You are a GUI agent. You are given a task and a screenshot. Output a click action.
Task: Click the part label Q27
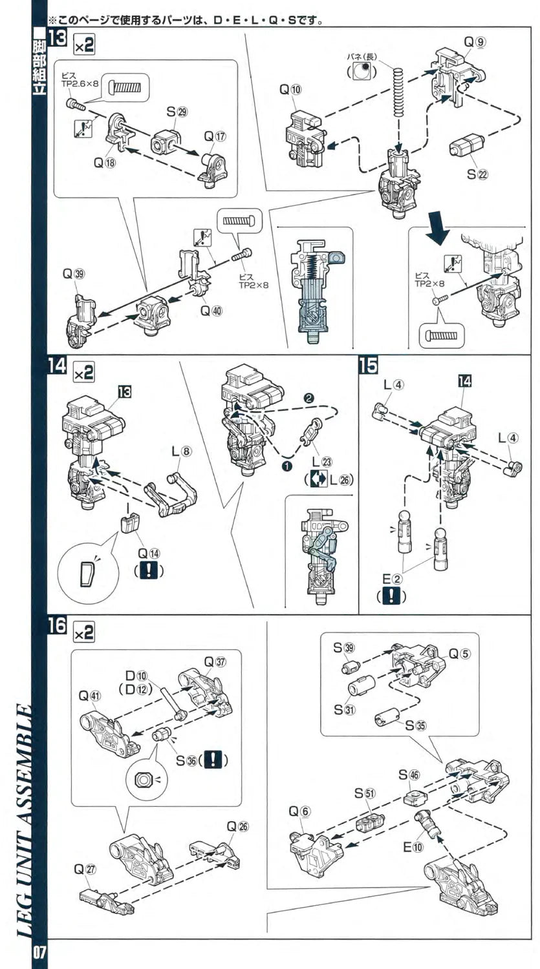click(x=85, y=869)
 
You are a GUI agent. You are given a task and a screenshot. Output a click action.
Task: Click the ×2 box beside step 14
click(x=84, y=373)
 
